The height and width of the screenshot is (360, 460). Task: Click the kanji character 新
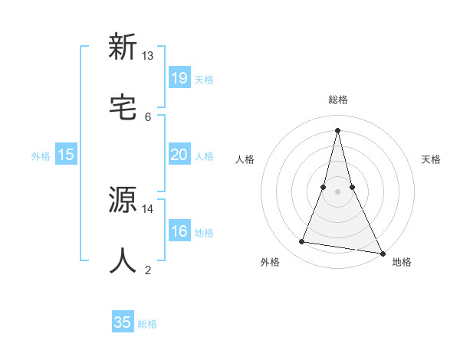point(123,47)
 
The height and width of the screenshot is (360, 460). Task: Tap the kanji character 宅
point(123,108)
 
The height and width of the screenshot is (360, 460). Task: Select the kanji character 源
point(123,201)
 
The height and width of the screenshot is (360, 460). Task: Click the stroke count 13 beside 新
point(148,56)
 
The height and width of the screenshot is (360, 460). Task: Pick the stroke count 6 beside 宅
point(148,116)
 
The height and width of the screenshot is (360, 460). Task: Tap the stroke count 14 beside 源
point(148,208)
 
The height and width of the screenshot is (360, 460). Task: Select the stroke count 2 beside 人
point(148,270)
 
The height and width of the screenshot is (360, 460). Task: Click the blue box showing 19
point(179,77)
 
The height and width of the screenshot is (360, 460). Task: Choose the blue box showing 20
point(179,154)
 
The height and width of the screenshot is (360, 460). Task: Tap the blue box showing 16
point(179,231)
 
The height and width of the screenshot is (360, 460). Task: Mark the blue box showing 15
point(66,154)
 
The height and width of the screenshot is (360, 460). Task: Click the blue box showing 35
point(123,322)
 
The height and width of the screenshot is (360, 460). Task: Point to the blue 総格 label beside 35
point(147,324)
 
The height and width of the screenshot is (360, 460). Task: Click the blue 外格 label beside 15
point(41,155)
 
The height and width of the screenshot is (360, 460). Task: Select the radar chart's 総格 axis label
point(338,100)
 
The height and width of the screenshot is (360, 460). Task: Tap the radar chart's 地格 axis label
point(402,262)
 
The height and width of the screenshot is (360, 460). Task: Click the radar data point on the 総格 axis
point(338,129)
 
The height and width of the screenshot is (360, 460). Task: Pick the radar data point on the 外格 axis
point(302,242)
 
